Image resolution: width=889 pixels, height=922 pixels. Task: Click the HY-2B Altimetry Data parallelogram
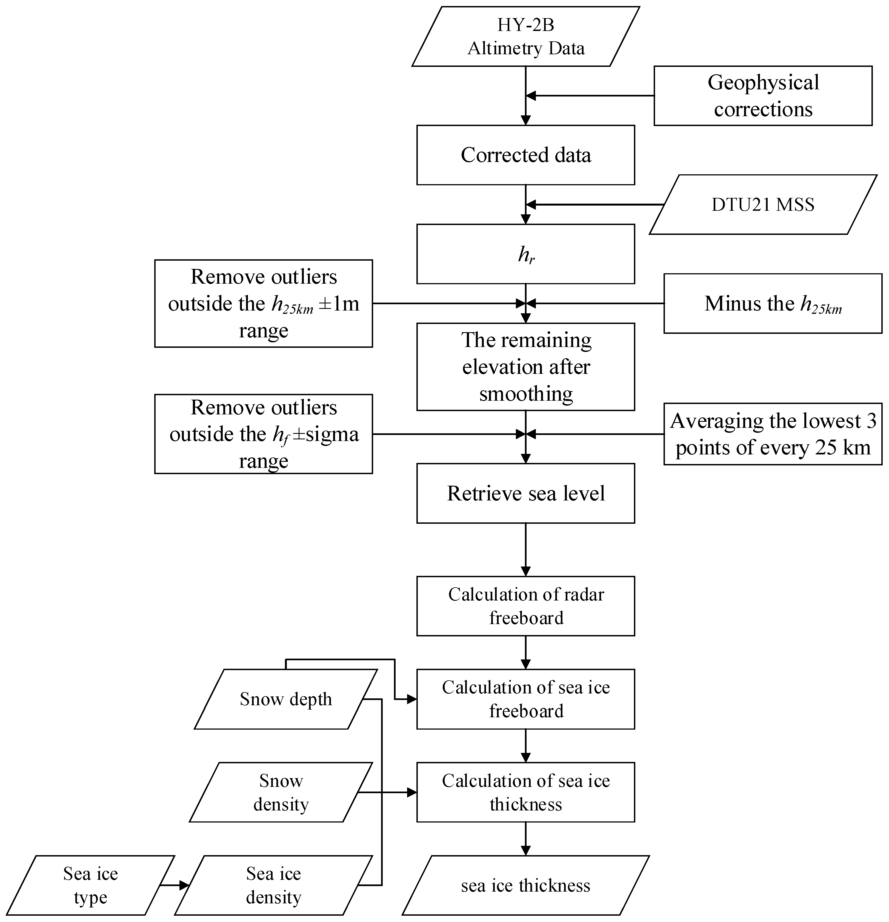click(x=526, y=37)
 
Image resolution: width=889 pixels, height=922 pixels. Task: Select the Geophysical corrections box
click(x=762, y=96)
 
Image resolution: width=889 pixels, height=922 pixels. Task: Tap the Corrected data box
click(x=526, y=155)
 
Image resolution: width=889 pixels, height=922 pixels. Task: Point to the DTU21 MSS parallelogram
click(x=762, y=205)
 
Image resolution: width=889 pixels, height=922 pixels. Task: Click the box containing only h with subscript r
click(x=526, y=255)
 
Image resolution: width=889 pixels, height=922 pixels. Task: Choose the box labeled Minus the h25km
click(x=772, y=304)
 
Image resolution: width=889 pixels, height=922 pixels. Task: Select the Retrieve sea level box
click(x=526, y=493)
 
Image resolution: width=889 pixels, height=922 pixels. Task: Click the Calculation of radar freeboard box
click(x=526, y=606)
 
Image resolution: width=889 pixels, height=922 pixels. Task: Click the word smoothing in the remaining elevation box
click(x=526, y=394)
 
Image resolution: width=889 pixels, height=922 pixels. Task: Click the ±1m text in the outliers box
click(x=339, y=304)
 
